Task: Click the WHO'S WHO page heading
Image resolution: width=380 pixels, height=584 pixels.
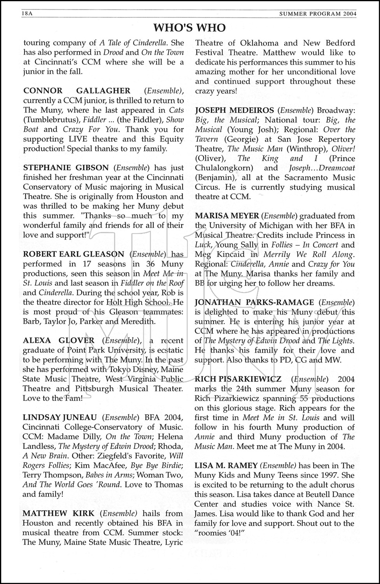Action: tap(189, 28)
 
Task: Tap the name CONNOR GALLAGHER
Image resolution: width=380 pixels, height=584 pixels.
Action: tap(77, 91)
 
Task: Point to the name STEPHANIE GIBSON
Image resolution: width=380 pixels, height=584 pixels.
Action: tap(66, 168)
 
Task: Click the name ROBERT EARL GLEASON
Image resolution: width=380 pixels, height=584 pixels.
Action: tap(74, 254)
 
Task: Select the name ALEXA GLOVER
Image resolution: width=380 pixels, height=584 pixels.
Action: tap(59, 341)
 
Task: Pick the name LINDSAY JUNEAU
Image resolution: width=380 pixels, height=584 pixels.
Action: tap(60, 417)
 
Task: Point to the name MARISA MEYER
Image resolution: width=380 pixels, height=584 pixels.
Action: tap(227, 216)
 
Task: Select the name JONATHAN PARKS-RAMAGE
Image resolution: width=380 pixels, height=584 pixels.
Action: tap(254, 303)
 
